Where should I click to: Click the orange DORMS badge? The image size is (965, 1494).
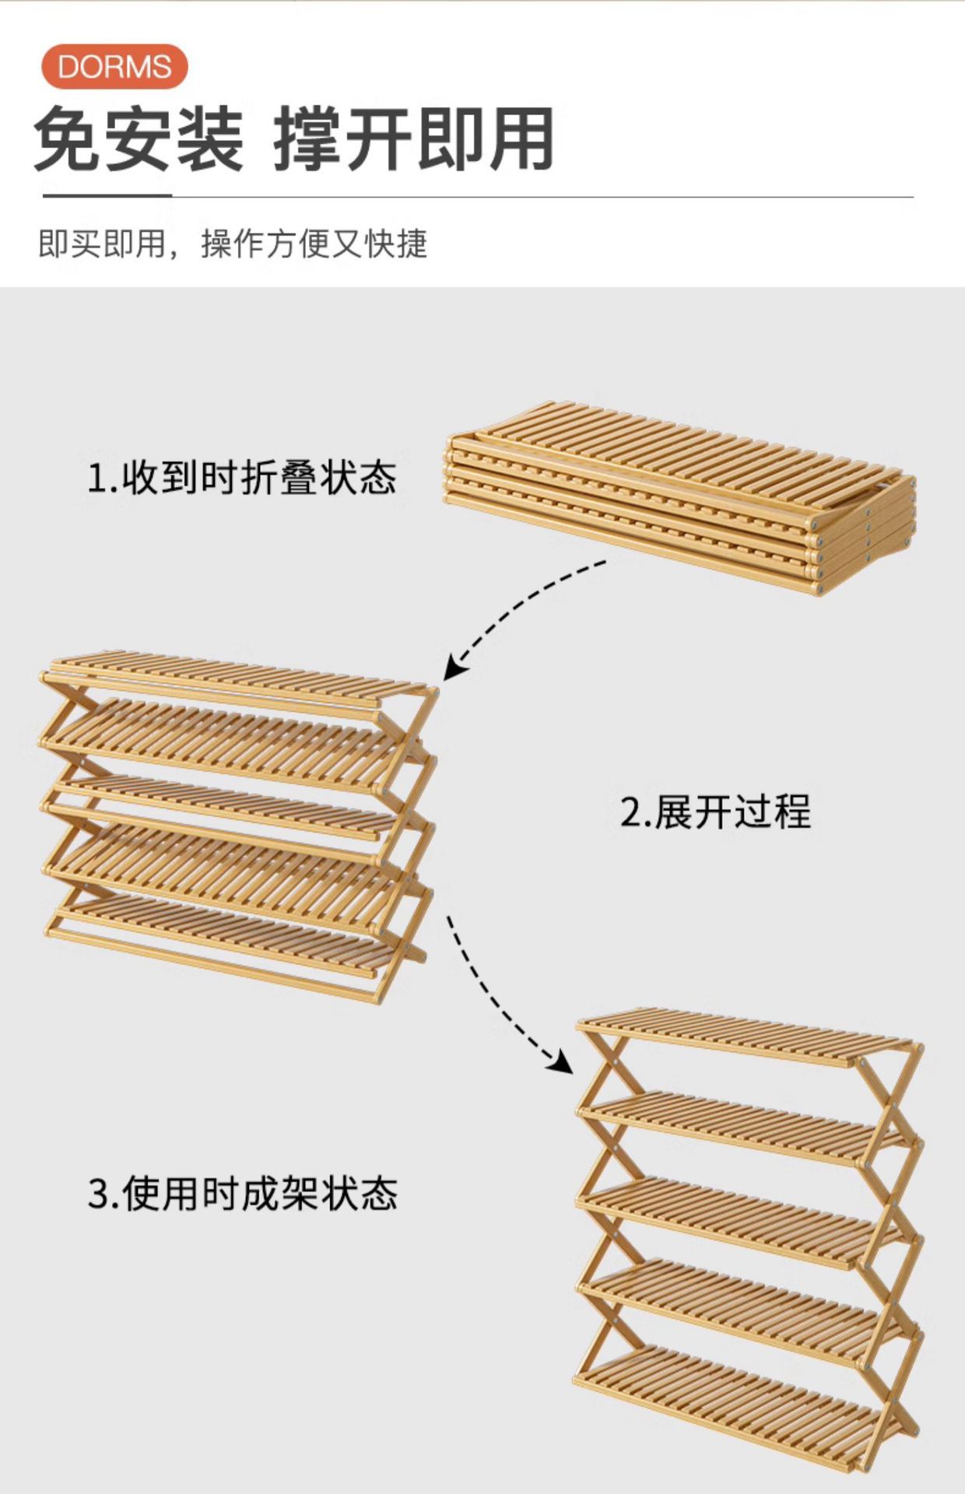(x=114, y=66)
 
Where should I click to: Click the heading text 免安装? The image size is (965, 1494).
(x=139, y=140)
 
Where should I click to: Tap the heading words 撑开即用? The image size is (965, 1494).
(x=413, y=140)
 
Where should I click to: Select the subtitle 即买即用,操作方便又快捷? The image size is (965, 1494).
(x=233, y=244)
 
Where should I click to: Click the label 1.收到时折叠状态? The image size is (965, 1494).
(x=241, y=477)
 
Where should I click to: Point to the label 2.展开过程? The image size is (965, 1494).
(x=715, y=812)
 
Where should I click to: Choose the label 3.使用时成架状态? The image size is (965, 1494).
(x=242, y=1193)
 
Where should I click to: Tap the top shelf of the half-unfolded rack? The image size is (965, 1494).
(x=233, y=677)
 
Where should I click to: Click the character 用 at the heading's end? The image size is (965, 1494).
(x=520, y=140)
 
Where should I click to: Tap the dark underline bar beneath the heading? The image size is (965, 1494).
(x=107, y=196)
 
